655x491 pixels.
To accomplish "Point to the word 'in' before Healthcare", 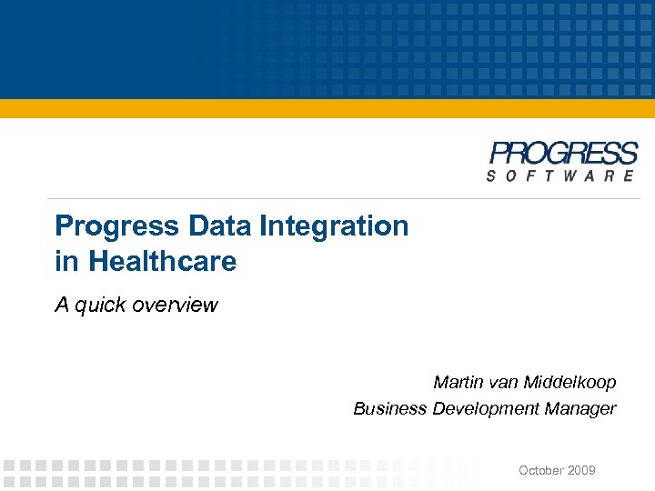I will [66, 262].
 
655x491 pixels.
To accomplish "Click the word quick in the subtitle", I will [102, 305].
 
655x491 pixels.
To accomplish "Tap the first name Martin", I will [458, 382].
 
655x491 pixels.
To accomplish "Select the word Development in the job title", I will [486, 408].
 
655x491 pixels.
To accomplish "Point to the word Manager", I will [580, 408].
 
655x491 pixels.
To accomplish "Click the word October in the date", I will [541, 470].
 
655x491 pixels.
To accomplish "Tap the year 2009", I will [581, 470].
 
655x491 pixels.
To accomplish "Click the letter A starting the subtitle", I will [62, 305].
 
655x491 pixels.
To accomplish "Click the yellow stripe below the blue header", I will [327, 108].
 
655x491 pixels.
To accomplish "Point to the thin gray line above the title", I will [346, 198].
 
